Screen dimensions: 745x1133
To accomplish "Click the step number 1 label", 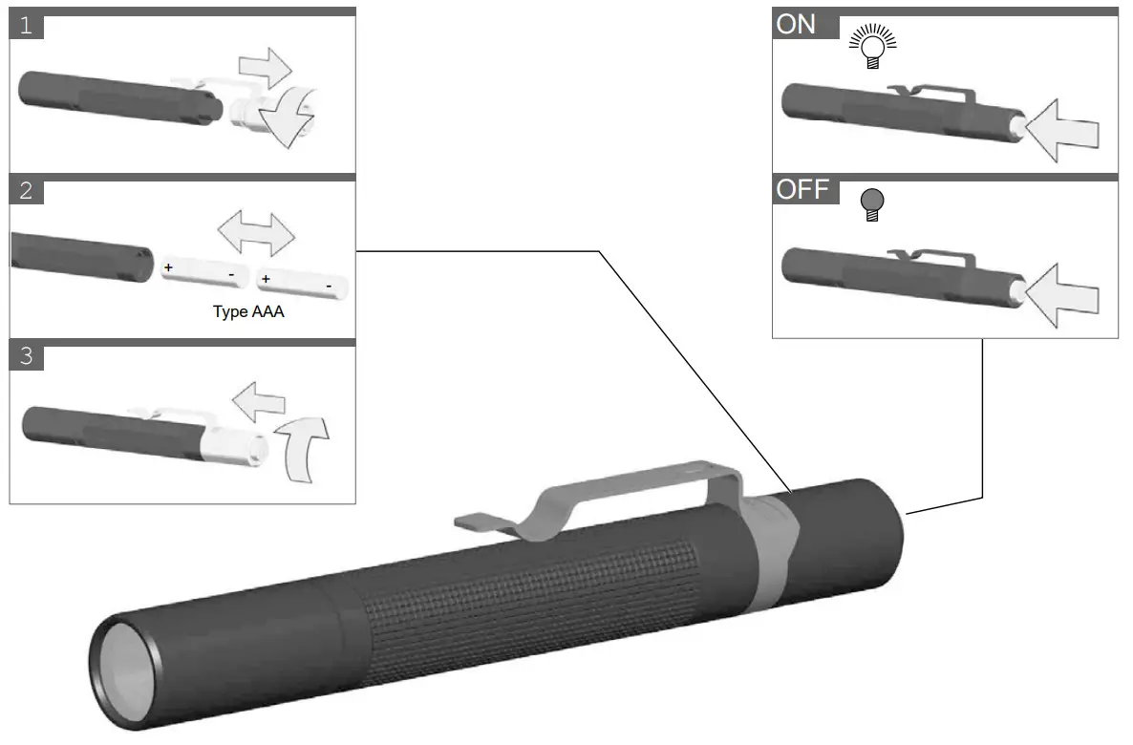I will pos(26,26).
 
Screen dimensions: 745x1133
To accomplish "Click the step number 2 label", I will pos(26,191).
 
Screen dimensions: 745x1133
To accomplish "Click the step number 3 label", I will pos(26,357).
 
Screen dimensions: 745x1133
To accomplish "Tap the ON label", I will pos(796,24).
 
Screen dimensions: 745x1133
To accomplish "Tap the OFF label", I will pos(801,189).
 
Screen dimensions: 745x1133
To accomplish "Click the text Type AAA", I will pos(248,311).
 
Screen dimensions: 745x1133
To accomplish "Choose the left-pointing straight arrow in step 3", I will pos(261,401).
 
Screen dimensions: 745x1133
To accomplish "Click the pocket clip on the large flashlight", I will pos(621,493).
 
